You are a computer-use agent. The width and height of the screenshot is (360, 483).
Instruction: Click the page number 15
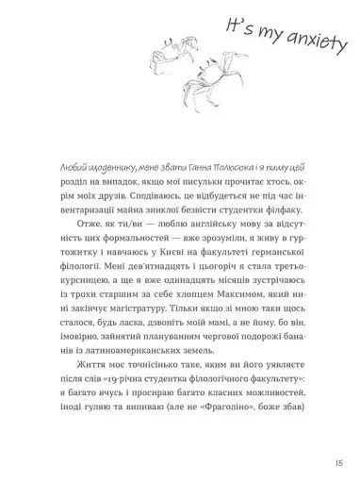coord(336,462)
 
